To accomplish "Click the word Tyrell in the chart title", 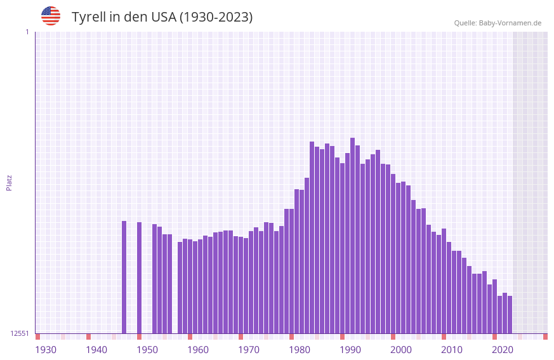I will [x=88, y=17].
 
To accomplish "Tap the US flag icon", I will [x=51, y=16].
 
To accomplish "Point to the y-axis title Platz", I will [x=9, y=182].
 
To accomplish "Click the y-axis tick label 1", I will [x=27, y=32].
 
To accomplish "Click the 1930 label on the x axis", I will [x=46, y=350].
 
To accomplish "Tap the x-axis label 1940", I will [x=96, y=350].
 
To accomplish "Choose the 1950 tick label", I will [x=147, y=350].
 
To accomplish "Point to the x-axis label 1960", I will [x=198, y=350].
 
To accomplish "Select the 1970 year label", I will [x=249, y=350].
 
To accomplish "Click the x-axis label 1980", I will [x=300, y=350].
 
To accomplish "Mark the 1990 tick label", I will [x=350, y=350].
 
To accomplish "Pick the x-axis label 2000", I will [x=401, y=350].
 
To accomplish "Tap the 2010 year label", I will [x=452, y=350].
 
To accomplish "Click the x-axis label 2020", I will [x=503, y=350].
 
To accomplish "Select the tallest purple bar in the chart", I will [x=353, y=235].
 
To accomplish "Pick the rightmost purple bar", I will [x=510, y=314].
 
